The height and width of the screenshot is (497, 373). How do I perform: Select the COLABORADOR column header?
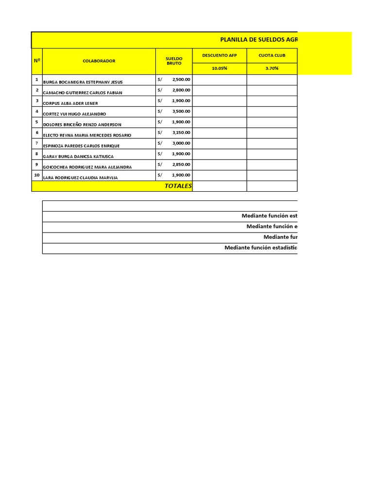pyautogui.click(x=99, y=61)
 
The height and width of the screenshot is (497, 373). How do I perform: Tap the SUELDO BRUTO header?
pyautogui.click(x=174, y=61)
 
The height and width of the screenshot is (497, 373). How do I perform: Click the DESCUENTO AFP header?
pyautogui.click(x=220, y=55)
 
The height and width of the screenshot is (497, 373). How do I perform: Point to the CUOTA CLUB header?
pyautogui.click(x=272, y=55)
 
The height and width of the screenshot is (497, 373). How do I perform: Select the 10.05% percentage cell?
pyautogui.click(x=220, y=68)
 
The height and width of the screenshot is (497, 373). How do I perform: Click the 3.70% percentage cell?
pyautogui.click(x=272, y=68)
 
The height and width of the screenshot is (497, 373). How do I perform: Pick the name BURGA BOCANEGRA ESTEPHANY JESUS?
pyautogui.click(x=83, y=82)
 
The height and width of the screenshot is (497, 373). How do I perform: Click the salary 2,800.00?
pyautogui.click(x=181, y=90)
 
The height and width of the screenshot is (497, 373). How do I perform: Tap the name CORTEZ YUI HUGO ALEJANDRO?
pyautogui.click(x=75, y=114)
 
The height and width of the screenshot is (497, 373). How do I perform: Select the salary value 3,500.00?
pyautogui.click(x=181, y=112)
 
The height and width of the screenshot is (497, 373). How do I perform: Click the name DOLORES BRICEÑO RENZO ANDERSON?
pyautogui.click(x=83, y=125)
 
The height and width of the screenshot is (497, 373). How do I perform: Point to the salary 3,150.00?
pyautogui.click(x=181, y=133)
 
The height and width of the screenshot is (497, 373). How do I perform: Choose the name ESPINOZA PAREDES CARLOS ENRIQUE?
pyautogui.click(x=82, y=146)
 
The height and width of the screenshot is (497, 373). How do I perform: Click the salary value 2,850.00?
pyautogui.click(x=181, y=165)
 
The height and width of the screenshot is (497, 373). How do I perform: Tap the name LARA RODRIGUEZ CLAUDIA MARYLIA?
pyautogui.click(x=81, y=178)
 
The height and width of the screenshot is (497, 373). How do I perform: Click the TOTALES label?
pyautogui.click(x=178, y=186)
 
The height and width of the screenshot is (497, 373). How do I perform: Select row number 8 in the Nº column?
pyautogui.click(x=37, y=154)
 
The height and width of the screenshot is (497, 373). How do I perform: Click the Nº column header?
pyautogui.click(x=37, y=61)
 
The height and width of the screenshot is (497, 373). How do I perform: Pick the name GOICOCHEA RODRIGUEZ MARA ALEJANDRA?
pyautogui.click(x=87, y=167)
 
